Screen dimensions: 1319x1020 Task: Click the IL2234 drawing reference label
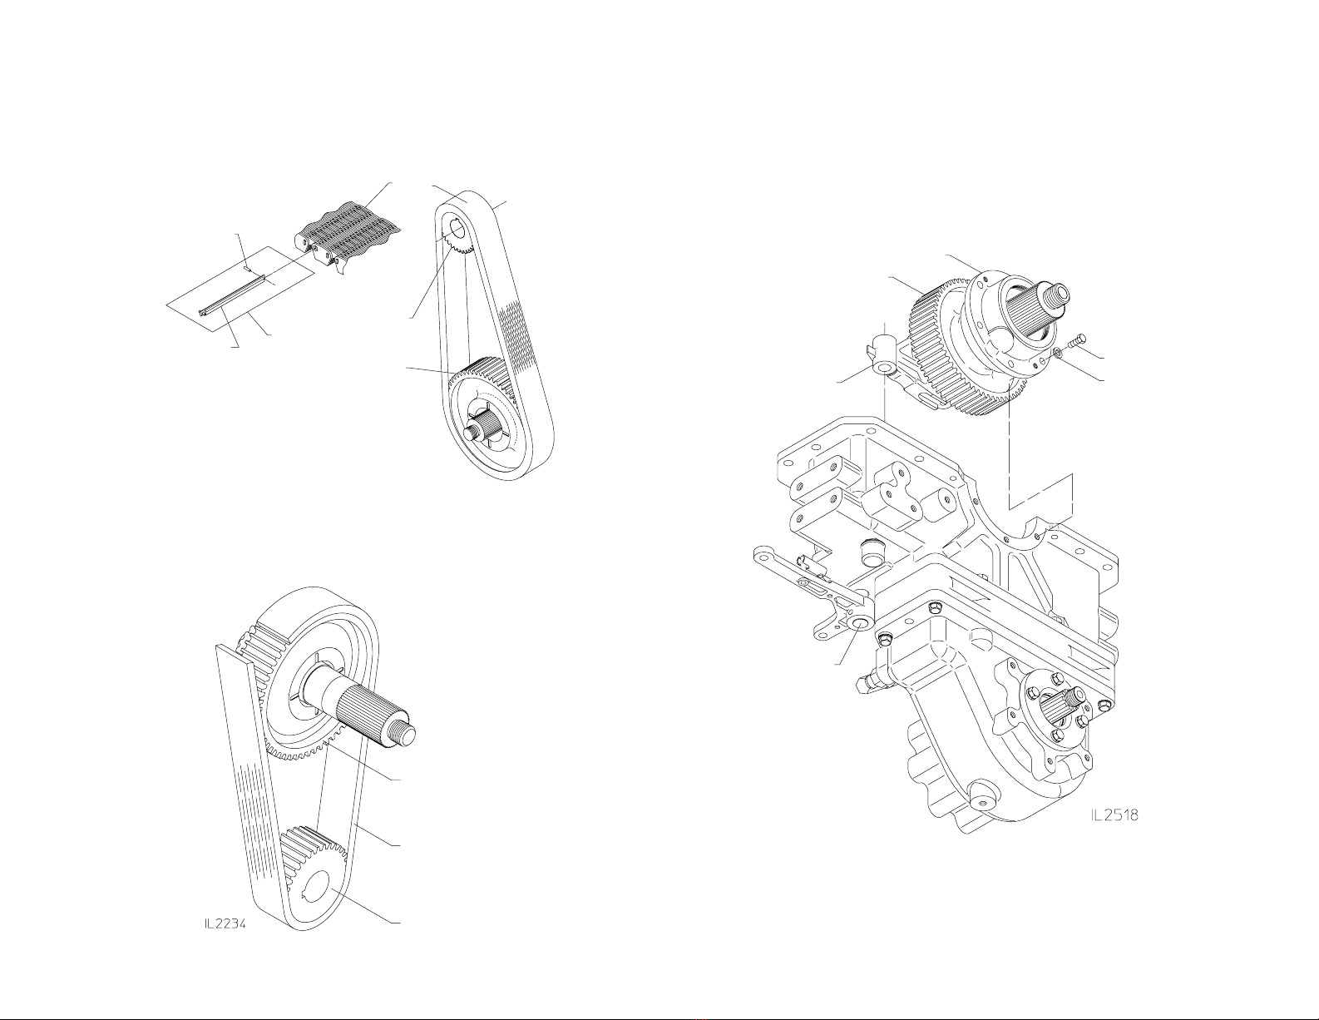(225, 941)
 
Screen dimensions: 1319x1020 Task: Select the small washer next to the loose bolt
(1058, 352)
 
